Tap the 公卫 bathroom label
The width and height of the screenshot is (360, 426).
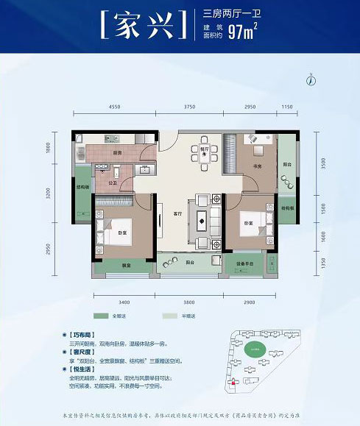tap(113, 182)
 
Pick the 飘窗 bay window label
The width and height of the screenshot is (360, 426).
tap(126, 266)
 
